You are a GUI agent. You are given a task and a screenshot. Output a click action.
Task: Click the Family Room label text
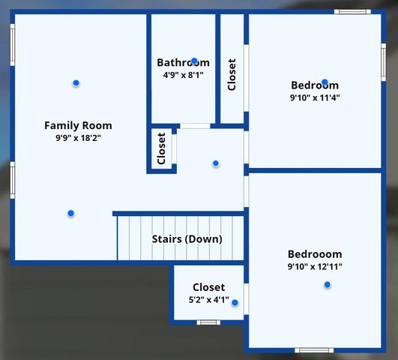pos(78,125)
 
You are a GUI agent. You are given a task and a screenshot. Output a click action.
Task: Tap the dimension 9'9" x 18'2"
pos(78,138)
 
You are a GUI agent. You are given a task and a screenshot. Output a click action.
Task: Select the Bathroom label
pos(183,63)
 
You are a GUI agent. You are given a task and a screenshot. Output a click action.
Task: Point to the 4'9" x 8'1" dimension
pos(183,75)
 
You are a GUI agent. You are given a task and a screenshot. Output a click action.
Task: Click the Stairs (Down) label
pos(187,239)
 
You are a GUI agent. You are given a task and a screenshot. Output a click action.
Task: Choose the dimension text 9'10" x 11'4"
pos(315,97)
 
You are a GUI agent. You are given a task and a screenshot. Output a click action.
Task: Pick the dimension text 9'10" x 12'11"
pos(315,266)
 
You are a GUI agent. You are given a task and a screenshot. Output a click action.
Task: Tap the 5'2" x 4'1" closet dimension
pos(208,300)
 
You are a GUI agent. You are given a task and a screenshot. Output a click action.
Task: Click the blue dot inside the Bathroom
pos(194,61)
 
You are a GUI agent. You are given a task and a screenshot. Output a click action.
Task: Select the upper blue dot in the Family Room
pos(76,82)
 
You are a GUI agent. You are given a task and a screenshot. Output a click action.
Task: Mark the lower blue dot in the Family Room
pos(70,213)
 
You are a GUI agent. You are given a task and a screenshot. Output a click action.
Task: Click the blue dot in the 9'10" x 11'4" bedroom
pos(325,82)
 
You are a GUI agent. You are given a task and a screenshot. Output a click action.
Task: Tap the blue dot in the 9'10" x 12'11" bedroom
pos(327,284)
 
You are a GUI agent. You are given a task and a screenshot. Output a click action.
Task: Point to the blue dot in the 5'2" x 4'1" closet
pos(235,303)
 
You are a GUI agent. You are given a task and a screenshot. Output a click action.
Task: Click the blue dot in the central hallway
pos(216,163)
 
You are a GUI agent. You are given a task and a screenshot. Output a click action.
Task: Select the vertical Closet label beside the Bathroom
pos(232,75)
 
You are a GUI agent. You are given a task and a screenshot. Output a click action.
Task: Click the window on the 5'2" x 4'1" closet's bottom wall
pos(208,322)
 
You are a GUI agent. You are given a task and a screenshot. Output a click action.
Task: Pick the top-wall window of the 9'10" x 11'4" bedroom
pos(352,11)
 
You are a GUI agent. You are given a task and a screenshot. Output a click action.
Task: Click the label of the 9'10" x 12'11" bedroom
pos(315,254)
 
